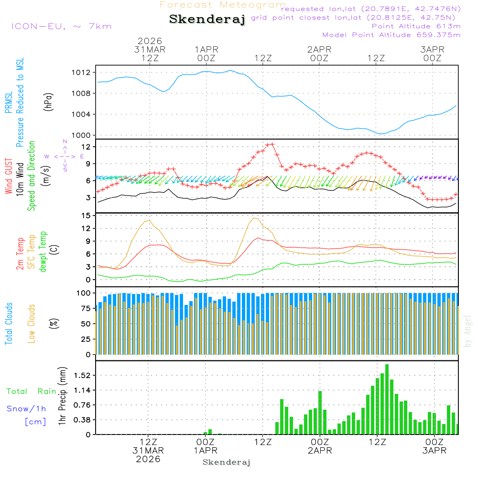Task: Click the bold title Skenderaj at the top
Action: point(207,20)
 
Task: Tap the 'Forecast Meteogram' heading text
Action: point(223,5)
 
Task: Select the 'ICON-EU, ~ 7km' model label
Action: point(61,26)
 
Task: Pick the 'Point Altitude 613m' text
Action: point(416,26)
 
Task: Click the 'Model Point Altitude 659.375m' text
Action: point(391,35)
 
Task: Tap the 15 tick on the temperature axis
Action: point(86,216)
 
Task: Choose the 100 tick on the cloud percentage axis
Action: point(84,293)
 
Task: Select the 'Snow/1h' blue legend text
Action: point(26,409)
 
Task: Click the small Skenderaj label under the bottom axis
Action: point(227,463)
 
